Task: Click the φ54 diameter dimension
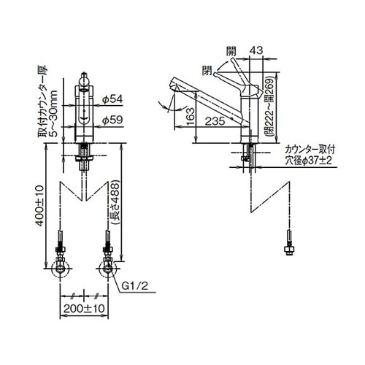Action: [112, 99]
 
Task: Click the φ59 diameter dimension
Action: [112, 120]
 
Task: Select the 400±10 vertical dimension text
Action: [39, 206]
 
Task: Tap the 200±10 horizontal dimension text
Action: [84, 309]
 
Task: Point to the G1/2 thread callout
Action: [134, 286]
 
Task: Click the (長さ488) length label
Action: [115, 202]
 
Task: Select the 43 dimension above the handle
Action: [256, 50]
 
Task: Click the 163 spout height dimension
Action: [191, 117]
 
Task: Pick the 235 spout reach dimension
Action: [215, 121]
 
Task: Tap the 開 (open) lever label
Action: [231, 51]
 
